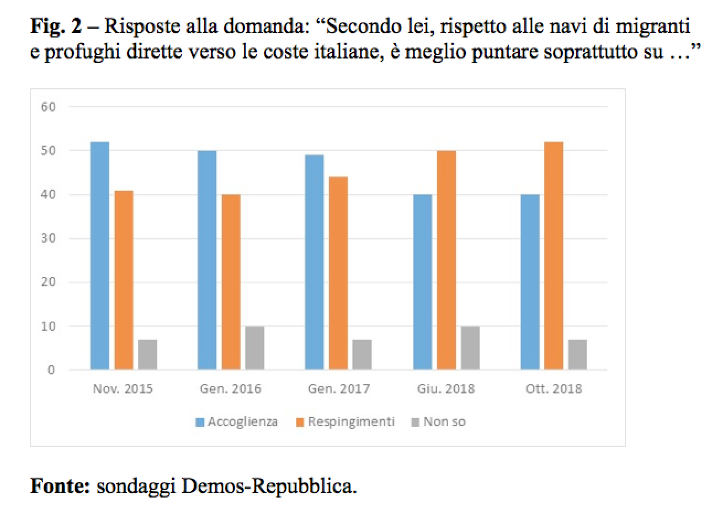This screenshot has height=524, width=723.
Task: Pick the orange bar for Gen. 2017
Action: (x=338, y=273)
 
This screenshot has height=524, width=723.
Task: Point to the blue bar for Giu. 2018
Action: (x=422, y=282)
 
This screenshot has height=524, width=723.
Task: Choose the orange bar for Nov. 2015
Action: (x=124, y=280)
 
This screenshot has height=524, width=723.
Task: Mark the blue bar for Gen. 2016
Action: (x=207, y=260)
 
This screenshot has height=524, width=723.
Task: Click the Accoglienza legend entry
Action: (x=237, y=422)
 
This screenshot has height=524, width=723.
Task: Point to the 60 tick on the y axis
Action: (x=49, y=107)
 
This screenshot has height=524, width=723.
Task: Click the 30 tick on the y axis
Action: (x=49, y=239)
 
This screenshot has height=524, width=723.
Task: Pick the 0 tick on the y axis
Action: (x=51, y=370)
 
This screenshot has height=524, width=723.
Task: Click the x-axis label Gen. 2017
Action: (x=338, y=388)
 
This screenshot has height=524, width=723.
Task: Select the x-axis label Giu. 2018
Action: (x=446, y=388)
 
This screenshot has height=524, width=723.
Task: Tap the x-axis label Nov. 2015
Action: (x=123, y=388)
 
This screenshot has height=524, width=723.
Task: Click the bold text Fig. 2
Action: (x=57, y=26)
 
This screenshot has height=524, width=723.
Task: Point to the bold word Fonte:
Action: (x=60, y=486)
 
